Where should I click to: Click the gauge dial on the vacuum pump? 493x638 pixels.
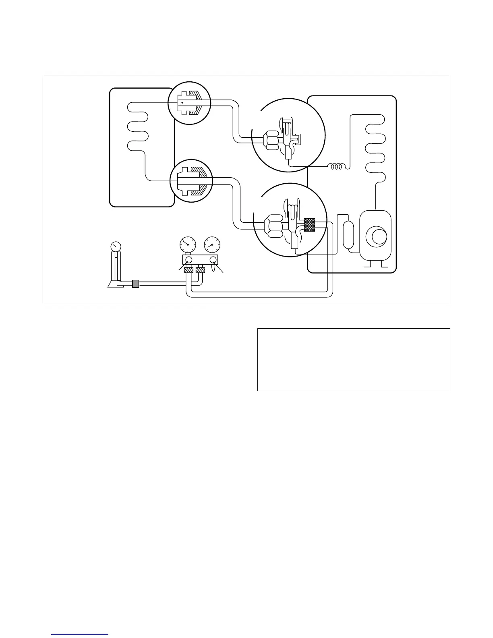(116, 246)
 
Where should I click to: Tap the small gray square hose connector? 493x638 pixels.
(136, 284)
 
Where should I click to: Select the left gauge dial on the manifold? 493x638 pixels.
(187, 244)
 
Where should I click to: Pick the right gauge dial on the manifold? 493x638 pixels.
(212, 244)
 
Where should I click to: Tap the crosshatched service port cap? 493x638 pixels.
(309, 224)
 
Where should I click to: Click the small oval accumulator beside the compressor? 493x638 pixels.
(348, 234)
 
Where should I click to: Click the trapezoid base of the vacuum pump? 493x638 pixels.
(114, 284)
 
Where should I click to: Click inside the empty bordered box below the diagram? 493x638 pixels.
(353, 359)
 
